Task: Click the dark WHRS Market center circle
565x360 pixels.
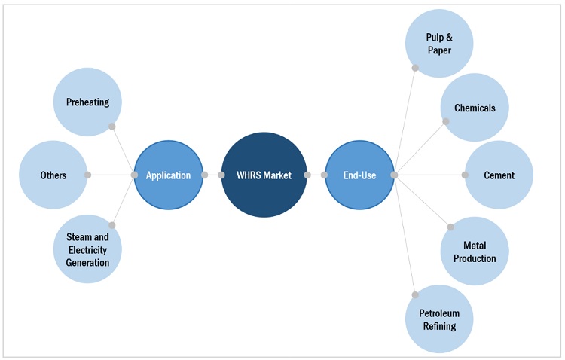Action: (264, 175)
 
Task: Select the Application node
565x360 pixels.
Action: (168, 175)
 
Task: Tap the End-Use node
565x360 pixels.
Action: (359, 175)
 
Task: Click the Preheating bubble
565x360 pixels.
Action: (87, 102)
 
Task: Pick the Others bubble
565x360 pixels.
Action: (53, 175)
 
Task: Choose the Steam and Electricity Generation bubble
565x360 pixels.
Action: (87, 249)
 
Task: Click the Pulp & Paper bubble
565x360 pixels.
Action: (439, 44)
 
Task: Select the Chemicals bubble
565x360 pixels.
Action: (475, 108)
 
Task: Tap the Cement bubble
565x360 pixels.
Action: (499, 175)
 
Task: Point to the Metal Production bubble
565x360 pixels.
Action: (475, 252)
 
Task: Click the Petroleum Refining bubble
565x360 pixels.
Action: (439, 319)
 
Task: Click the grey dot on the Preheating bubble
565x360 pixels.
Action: (111, 126)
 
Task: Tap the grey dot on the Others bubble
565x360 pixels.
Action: (87, 175)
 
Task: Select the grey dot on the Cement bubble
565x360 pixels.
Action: (465, 175)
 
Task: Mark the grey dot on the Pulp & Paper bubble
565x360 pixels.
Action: (415, 68)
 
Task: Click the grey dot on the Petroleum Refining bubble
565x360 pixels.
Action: (415, 294)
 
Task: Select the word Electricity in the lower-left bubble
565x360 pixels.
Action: (87, 249)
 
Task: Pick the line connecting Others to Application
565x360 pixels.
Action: (111, 175)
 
